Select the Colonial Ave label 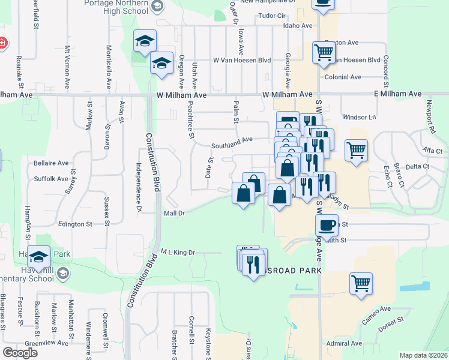(343, 77)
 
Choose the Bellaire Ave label (51, 163)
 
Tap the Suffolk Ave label (51, 178)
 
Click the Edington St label (75, 224)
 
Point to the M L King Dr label (178, 253)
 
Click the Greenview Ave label (51, 343)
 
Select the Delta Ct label (417, 166)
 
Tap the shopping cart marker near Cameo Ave (361, 283)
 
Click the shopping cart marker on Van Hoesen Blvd (324, 52)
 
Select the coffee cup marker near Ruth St (327, 225)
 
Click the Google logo (20, 352)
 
